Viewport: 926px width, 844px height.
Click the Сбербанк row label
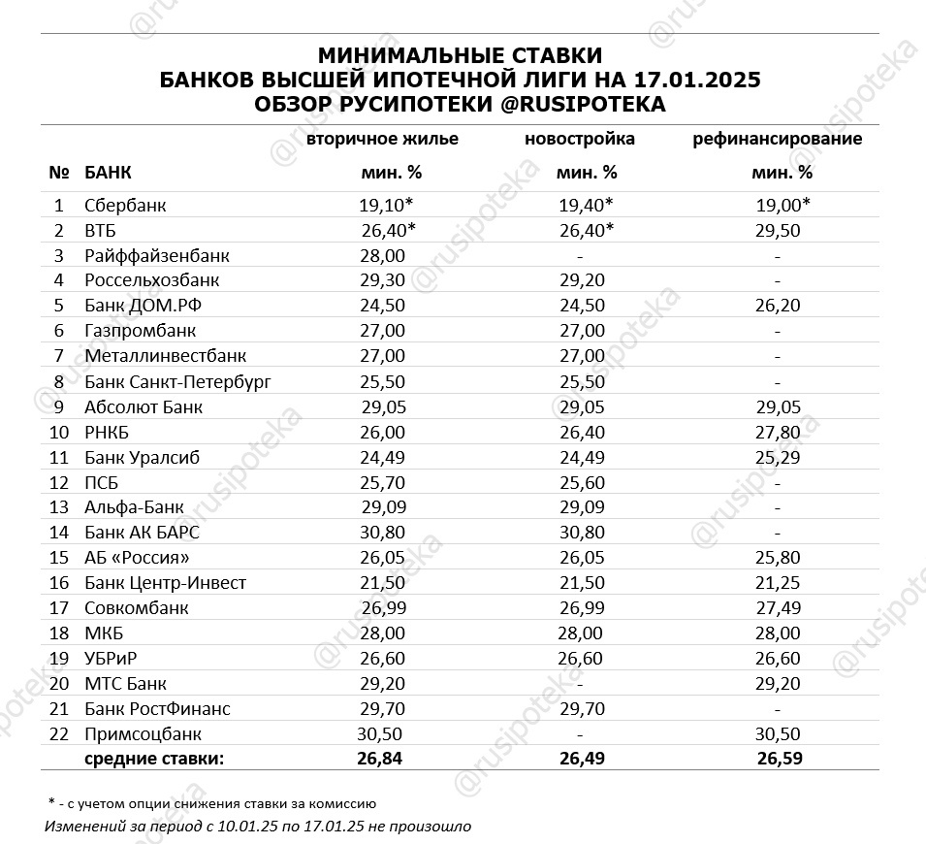(125, 205)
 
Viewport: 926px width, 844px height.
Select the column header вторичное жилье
(382, 139)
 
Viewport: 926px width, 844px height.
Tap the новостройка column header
(580, 139)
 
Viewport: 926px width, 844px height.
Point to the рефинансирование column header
(777, 139)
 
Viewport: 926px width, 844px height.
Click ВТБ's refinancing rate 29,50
(777, 230)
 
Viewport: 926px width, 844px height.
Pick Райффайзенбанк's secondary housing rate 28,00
(382, 255)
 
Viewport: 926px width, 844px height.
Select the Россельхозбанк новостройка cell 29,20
(581, 280)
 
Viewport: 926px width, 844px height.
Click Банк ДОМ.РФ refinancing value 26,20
(777, 306)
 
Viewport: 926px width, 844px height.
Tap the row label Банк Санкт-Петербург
(177, 381)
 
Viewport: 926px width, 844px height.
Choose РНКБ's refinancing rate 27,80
(777, 432)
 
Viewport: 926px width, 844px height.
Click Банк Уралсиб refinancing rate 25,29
(777, 457)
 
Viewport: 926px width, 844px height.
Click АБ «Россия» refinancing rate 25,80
(777, 558)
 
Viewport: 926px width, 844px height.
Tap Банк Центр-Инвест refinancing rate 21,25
(777, 583)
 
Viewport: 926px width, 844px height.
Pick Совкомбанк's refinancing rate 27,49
(777, 608)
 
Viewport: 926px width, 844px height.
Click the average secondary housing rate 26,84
(382, 758)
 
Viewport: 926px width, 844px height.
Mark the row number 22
(58, 734)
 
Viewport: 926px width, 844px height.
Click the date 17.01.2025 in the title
(697, 80)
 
